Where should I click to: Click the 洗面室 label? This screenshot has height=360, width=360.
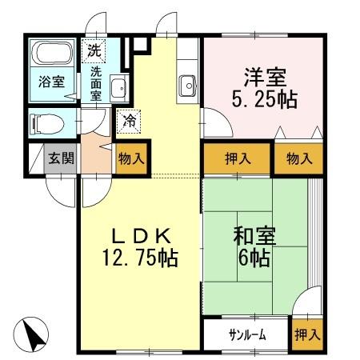point(95,82)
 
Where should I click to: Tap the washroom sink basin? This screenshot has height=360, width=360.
point(118,88)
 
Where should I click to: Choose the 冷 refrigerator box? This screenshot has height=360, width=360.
point(129,122)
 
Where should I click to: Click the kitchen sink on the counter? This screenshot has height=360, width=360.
point(189,83)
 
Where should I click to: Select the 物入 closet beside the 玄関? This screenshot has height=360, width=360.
point(131,158)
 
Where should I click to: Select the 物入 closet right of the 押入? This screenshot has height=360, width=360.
point(299,158)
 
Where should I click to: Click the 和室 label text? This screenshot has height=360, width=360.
point(254,237)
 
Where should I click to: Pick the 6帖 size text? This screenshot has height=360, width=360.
point(254,259)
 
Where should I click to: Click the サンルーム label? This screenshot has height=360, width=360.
point(246,334)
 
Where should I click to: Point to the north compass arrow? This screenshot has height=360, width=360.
point(30,333)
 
